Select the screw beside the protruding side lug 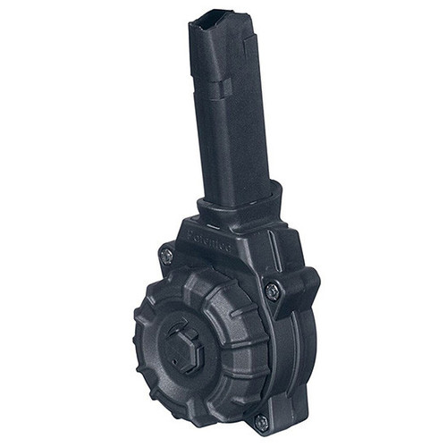271,289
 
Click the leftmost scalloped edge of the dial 139,331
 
